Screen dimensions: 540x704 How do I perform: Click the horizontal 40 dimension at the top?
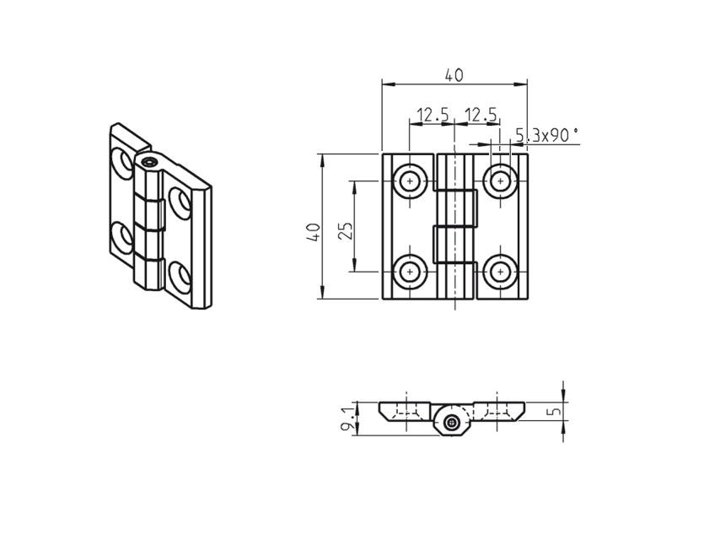[454, 75]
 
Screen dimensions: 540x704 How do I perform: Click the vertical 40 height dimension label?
[313, 231]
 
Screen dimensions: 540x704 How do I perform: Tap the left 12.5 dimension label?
[432, 114]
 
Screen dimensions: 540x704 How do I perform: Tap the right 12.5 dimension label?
[481, 114]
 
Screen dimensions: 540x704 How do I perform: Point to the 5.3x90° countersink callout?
[546, 134]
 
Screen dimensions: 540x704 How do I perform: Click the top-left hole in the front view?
[411, 181]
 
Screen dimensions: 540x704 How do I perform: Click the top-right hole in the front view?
[501, 181]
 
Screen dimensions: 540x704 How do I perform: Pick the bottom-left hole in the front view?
[411, 271]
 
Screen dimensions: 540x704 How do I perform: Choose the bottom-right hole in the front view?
[501, 271]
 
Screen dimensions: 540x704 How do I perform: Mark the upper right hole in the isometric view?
[180, 202]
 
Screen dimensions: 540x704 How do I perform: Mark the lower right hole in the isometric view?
[180, 275]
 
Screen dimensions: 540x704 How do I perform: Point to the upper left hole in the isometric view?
[123, 162]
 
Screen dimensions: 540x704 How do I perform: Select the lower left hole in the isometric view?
[123, 237]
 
